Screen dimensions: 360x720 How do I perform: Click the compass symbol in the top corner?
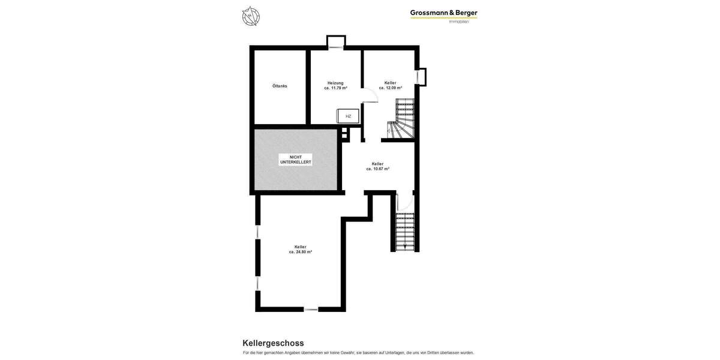click(x=251, y=16)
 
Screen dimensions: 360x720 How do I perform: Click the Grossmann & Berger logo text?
click(x=443, y=13)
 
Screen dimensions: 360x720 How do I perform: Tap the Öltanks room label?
click(x=280, y=86)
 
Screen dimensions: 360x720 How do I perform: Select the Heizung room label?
click(x=335, y=83)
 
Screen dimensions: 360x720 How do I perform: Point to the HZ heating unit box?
click(x=348, y=116)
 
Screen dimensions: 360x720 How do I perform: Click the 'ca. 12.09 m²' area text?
click(x=391, y=88)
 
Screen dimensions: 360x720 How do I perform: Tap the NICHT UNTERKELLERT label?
click(x=296, y=160)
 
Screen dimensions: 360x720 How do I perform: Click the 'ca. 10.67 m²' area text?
click(x=378, y=169)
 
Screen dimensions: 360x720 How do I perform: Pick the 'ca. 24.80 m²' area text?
click(x=301, y=252)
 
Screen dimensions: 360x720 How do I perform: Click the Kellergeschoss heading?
click(x=273, y=343)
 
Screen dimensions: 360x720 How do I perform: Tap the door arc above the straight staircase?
click(x=404, y=202)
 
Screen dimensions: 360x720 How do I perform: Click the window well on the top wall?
click(x=336, y=42)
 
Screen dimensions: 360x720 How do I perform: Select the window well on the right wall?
click(x=421, y=77)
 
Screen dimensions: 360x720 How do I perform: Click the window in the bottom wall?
click(x=311, y=309)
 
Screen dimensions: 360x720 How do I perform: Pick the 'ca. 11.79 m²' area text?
click(x=336, y=88)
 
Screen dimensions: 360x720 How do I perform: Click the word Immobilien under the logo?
click(x=459, y=22)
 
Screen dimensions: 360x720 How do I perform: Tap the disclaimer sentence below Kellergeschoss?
click(x=358, y=353)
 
